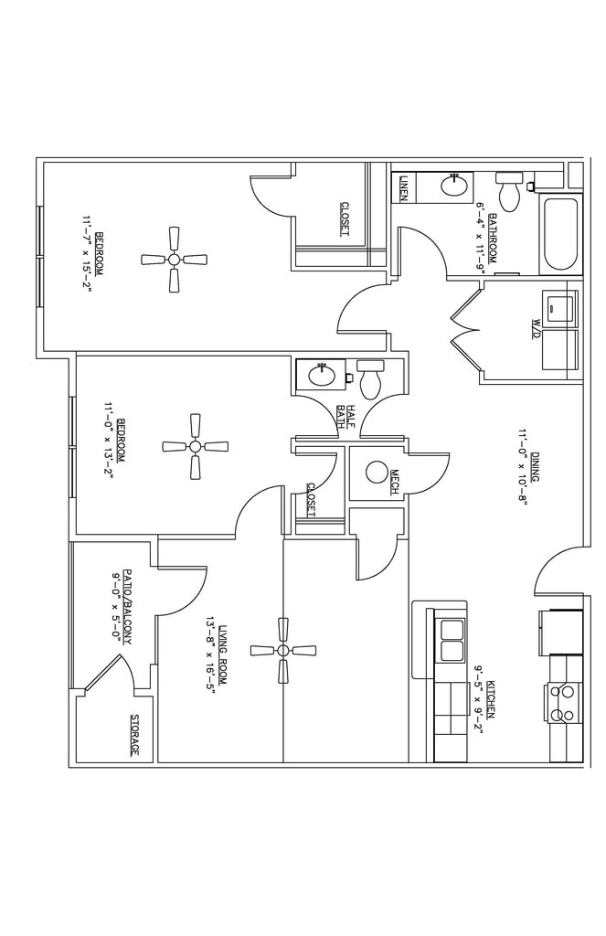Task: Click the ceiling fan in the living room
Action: click(282, 650)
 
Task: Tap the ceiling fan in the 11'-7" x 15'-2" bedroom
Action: click(174, 260)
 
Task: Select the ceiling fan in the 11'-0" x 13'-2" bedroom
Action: click(195, 446)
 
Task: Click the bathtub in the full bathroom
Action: click(558, 234)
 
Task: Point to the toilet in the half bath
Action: click(370, 378)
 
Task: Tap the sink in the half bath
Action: click(320, 375)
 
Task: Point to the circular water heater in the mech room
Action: click(376, 473)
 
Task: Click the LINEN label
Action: click(403, 188)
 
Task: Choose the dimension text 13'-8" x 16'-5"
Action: click(210, 655)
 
